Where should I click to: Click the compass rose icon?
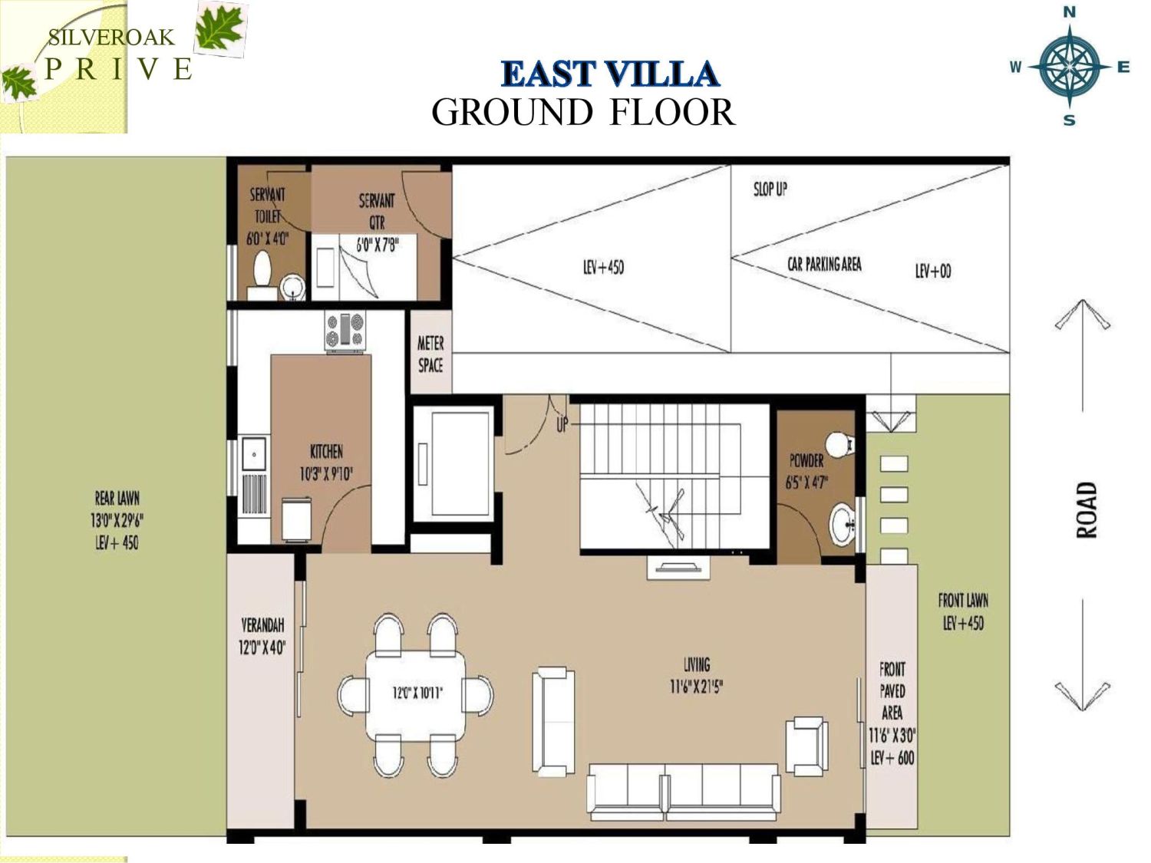pyautogui.click(x=1069, y=67)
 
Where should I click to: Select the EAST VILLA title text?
pyautogui.click(x=609, y=74)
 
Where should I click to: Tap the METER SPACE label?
pyautogui.click(x=430, y=354)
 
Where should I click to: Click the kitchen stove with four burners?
pyautogui.click(x=345, y=331)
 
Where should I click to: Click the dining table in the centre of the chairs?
pyautogui.click(x=416, y=694)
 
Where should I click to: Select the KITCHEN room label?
pyautogui.click(x=326, y=451)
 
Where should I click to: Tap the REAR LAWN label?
pyautogui.click(x=117, y=498)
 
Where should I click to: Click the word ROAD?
pyautogui.click(x=1086, y=510)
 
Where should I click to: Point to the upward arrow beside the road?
pyautogui.click(x=1083, y=353)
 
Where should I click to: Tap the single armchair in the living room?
pyautogui.click(x=806, y=745)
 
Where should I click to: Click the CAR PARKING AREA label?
pyautogui.click(x=824, y=265)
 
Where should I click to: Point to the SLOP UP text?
pyautogui.click(x=770, y=189)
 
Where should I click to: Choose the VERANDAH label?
pyautogui.click(x=262, y=625)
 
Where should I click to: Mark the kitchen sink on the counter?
pyautogui.click(x=253, y=454)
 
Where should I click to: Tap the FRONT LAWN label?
pyautogui.click(x=963, y=601)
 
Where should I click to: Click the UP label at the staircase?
pyautogui.click(x=562, y=424)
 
